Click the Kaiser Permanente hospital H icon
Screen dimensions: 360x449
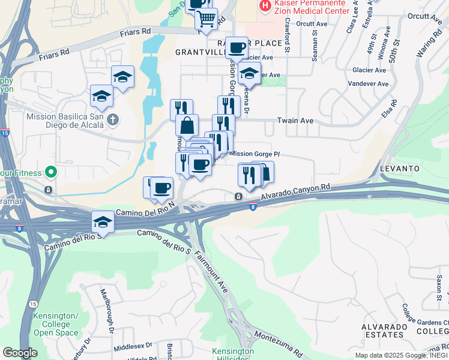point(264,5)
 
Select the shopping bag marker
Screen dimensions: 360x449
point(187,125)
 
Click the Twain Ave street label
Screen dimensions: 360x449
point(295,121)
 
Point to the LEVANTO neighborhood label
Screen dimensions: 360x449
point(399,169)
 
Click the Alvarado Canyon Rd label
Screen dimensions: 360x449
point(296,193)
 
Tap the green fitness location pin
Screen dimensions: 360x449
point(50,173)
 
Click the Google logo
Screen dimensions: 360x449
point(20,353)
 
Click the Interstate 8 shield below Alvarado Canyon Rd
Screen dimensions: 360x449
point(253,207)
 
